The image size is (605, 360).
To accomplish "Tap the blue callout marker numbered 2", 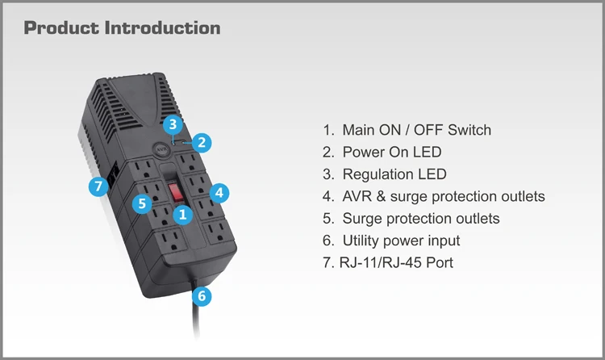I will [x=203, y=143].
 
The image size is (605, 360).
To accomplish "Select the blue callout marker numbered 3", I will [x=171, y=124].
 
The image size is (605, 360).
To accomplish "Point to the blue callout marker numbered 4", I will [x=219, y=192].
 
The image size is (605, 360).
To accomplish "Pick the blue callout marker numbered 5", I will [x=143, y=203].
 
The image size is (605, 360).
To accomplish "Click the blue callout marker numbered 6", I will [x=203, y=296].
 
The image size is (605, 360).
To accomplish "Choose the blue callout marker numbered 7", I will [x=98, y=186].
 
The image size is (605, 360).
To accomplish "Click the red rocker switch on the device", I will [x=176, y=191].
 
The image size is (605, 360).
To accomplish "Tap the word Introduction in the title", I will [x=162, y=27].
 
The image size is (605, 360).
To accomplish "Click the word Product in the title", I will [x=61, y=27].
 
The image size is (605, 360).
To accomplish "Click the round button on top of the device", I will [x=161, y=149].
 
